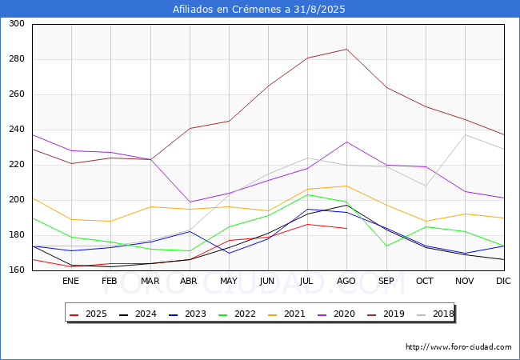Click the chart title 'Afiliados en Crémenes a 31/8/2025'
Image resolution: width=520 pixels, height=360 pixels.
point(258,10)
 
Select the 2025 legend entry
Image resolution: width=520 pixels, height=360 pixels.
point(88,314)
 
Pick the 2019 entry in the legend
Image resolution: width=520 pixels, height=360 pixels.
point(386,314)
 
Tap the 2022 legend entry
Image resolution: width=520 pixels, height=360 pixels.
point(237,314)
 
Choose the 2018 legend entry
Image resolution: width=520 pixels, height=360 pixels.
point(435,314)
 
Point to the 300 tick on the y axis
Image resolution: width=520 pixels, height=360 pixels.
point(17,23)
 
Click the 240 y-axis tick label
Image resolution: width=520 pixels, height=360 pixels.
point(17,130)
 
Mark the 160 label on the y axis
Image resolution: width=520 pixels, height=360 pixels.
point(17,270)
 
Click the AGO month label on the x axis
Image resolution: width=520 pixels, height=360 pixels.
point(346,281)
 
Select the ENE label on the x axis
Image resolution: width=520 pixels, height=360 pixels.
point(70,281)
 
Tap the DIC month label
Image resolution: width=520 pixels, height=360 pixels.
point(503,281)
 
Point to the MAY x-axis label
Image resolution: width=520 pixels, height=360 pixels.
point(229,281)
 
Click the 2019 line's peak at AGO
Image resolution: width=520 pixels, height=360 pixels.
point(346,49)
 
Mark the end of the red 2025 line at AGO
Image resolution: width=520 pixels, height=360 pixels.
point(346,228)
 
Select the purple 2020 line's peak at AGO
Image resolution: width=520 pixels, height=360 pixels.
point(346,142)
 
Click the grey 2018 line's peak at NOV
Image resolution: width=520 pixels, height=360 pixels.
point(466,134)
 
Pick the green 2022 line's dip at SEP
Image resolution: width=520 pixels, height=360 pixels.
point(386,246)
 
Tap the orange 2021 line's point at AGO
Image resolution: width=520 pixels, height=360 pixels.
point(346,186)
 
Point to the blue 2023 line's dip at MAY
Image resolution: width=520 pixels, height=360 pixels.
point(229,254)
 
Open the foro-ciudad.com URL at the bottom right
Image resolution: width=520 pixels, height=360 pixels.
point(458,347)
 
